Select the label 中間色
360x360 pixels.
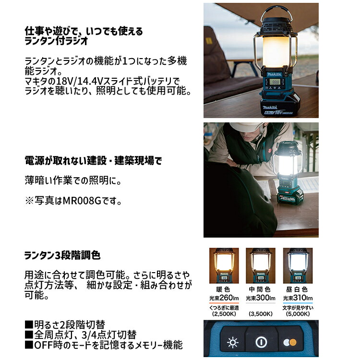point(261,290)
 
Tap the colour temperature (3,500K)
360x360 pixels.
point(261,313)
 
